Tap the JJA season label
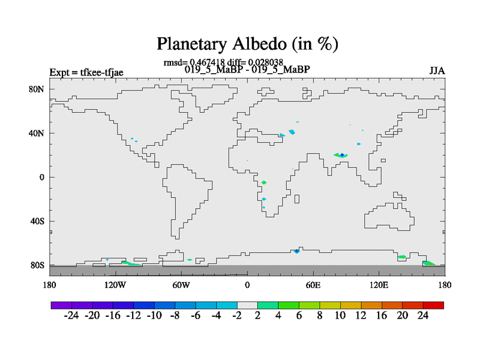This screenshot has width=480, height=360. coord(437,71)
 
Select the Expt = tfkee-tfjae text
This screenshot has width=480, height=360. coord(86,73)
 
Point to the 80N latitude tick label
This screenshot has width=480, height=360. coord(37,89)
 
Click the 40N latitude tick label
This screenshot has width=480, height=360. coord(37,133)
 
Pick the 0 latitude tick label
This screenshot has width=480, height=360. coord(41,177)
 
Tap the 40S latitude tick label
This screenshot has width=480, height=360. coord(37,221)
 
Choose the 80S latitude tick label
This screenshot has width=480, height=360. coord(37,265)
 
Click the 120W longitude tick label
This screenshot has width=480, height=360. coord(115,286)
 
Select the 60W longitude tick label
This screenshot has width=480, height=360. coord(181,286)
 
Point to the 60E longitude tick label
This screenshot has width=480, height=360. coord(313,286)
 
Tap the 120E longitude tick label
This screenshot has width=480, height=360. coord(379,286)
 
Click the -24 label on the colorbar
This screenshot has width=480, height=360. coord(71,316)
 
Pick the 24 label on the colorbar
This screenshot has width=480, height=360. coord(423,316)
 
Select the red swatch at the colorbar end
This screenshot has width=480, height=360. coord(433,305)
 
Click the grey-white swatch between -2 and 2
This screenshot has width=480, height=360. coord(247,305)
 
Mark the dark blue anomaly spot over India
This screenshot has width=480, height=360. coord(342,155)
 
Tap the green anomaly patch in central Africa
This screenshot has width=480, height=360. coord(264,182)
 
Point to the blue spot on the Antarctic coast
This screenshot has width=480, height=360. coord(296,251)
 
